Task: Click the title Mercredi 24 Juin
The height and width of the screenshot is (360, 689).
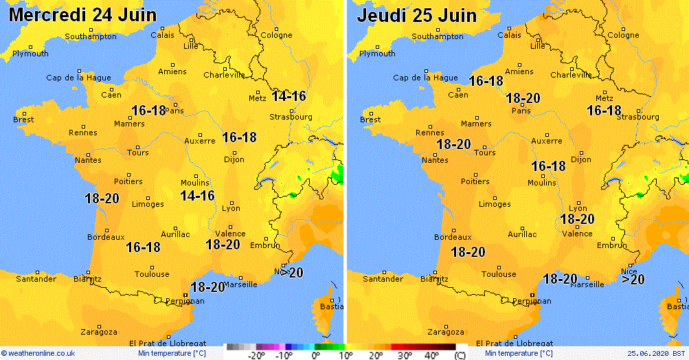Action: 82,14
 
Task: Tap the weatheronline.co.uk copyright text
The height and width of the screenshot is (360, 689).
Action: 38,353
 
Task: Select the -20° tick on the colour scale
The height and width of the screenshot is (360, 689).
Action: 256,355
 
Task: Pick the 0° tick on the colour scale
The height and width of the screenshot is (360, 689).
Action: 315,355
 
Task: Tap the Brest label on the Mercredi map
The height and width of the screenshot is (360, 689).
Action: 23,120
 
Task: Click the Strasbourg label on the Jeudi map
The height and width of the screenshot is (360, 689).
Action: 637,117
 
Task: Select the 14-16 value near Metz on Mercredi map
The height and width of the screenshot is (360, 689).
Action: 289,96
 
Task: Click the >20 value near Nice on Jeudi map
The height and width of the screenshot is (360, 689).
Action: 633,279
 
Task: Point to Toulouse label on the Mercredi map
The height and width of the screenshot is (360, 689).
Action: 152,274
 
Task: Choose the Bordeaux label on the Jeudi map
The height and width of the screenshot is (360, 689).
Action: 453,237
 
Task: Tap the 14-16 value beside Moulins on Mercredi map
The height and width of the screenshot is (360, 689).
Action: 197,196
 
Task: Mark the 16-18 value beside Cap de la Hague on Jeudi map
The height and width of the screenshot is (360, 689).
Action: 486,81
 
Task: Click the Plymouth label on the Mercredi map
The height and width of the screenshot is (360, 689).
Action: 30,54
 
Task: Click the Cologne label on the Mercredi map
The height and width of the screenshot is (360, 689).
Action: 276,35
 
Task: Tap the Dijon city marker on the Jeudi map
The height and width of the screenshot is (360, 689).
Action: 581,153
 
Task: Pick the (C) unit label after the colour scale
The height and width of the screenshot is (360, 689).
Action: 460,355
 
